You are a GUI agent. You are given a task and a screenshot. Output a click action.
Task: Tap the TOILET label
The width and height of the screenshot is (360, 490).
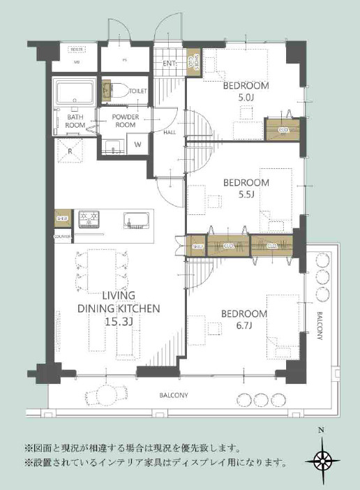point(137,91)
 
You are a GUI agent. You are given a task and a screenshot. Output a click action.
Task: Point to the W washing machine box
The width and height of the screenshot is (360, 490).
point(137,144)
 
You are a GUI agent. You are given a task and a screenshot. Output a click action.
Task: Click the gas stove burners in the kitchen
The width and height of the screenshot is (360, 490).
point(89,218)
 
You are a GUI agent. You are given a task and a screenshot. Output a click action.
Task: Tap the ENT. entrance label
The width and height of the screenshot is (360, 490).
point(169,64)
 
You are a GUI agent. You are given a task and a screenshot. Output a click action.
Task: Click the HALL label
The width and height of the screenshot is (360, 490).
point(170,131)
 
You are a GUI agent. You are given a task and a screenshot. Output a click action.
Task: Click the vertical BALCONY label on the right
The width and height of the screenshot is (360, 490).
point(320,325)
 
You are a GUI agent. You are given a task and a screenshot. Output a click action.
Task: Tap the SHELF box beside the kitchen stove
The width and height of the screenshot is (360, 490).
point(62,217)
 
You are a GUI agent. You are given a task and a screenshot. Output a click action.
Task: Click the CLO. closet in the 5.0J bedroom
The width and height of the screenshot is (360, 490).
point(283,130)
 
